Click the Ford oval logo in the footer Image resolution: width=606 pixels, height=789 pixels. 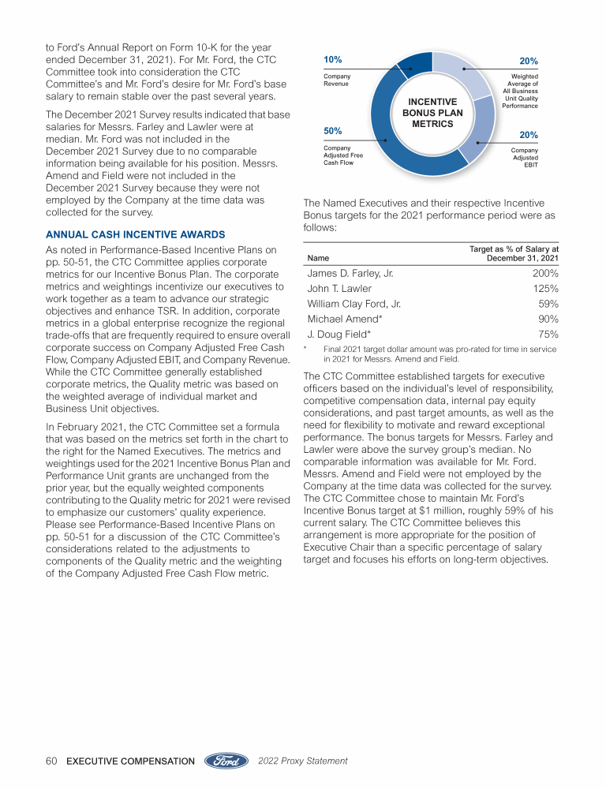click(228, 761)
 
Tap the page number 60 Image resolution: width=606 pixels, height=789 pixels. click(52, 761)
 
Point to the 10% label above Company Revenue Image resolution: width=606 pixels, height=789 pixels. click(333, 60)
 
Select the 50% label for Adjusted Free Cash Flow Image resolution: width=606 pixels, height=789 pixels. click(333, 130)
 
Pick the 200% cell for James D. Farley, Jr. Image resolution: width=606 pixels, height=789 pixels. click(545, 273)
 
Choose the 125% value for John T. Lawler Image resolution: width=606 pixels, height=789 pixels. click(545, 289)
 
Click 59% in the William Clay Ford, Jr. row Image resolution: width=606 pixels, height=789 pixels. click(548, 304)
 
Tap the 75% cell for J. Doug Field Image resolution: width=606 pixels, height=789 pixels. click(548, 334)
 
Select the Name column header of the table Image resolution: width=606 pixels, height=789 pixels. click(318, 258)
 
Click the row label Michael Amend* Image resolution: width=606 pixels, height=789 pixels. click(344, 319)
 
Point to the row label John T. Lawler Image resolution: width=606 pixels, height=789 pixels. click(339, 289)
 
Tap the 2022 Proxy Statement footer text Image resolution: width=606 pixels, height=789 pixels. click(303, 761)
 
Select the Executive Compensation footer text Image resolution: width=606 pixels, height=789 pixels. click(131, 761)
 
